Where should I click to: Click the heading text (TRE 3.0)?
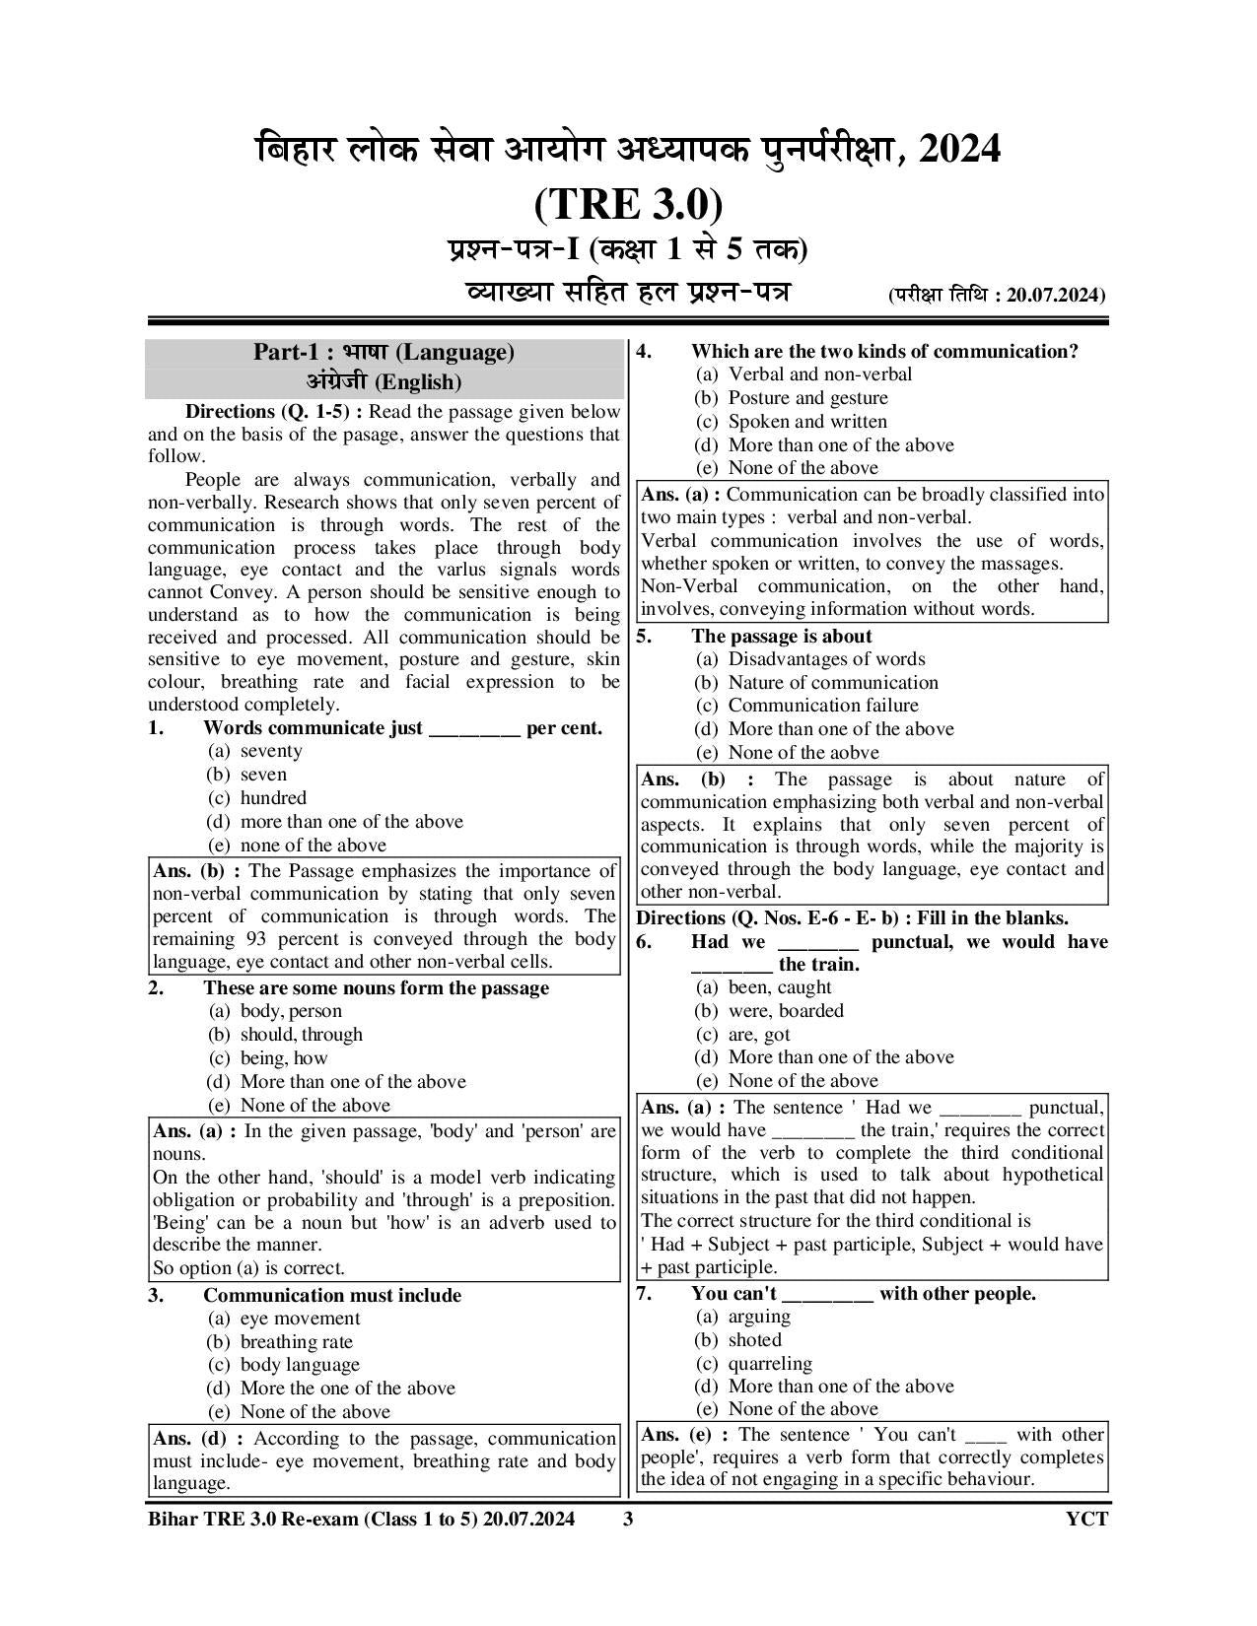click(x=628, y=205)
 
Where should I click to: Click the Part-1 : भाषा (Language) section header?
click(x=384, y=353)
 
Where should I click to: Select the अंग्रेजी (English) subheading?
click(x=384, y=382)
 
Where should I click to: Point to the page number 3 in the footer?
click(x=628, y=1519)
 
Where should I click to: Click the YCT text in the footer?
click(x=1086, y=1519)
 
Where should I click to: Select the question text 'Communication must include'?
click(x=332, y=1295)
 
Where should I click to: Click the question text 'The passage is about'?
click(x=781, y=637)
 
